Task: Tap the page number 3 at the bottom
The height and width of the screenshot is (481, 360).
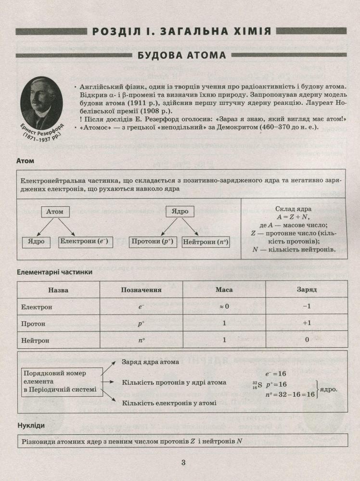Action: pos(183,463)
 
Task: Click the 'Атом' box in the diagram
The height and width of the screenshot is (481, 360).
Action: pos(55,211)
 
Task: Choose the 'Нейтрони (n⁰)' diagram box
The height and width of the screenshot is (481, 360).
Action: pos(206,241)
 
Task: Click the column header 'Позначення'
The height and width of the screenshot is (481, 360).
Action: pos(141,290)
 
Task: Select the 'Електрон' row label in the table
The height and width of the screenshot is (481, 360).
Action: pos(37,307)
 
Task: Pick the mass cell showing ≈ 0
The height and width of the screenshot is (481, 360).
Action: pos(224,307)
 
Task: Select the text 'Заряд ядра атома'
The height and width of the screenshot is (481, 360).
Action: pos(150,362)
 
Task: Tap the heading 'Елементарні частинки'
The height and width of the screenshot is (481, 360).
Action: pos(54,272)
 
